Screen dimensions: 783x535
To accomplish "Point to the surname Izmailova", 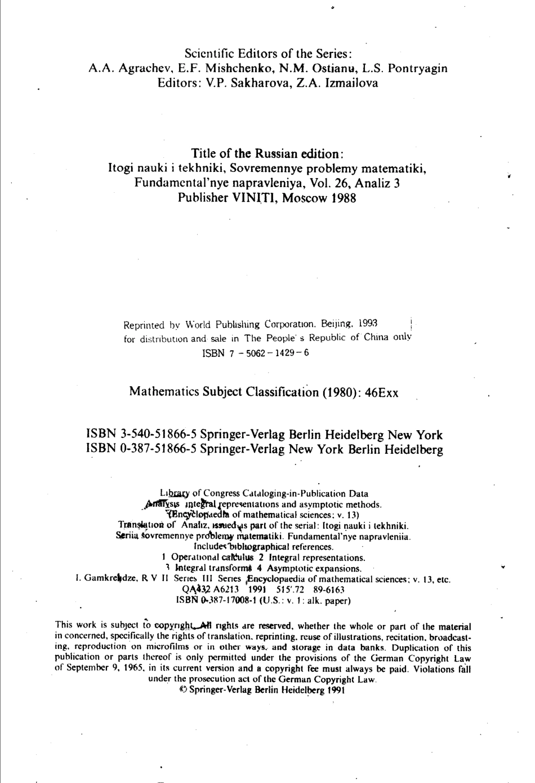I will pyautogui.click(x=351, y=83).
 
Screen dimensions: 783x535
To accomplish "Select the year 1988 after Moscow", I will pyautogui.click(x=342, y=198).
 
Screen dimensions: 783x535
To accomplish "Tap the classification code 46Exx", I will pyautogui.click(x=381, y=393).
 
